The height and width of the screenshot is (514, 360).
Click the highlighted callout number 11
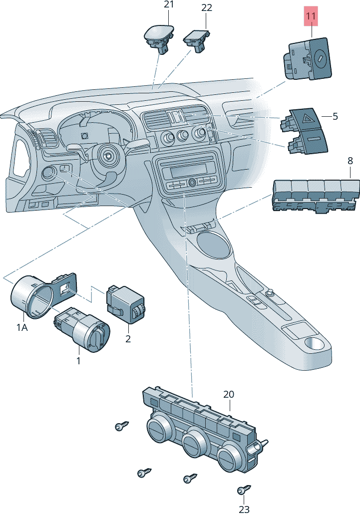311,16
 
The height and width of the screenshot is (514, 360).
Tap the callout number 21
169,5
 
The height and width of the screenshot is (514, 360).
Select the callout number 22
206,7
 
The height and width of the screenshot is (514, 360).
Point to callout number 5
335,116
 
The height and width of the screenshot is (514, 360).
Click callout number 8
350,161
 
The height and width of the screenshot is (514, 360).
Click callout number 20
228,394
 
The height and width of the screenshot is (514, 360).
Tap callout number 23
244,509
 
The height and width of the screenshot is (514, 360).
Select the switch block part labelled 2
125,304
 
